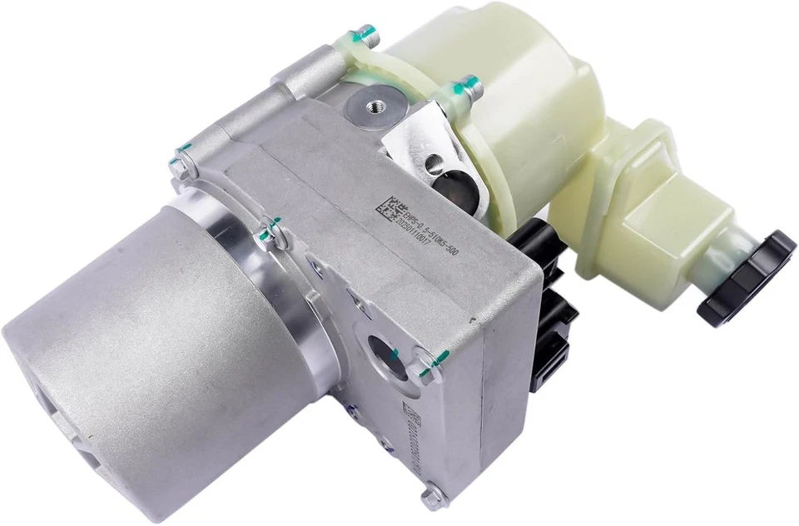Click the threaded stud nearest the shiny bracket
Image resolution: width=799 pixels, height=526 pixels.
point(468,86)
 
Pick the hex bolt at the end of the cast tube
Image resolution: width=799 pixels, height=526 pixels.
point(179,166)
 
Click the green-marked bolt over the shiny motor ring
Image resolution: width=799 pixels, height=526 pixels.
point(270,231)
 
